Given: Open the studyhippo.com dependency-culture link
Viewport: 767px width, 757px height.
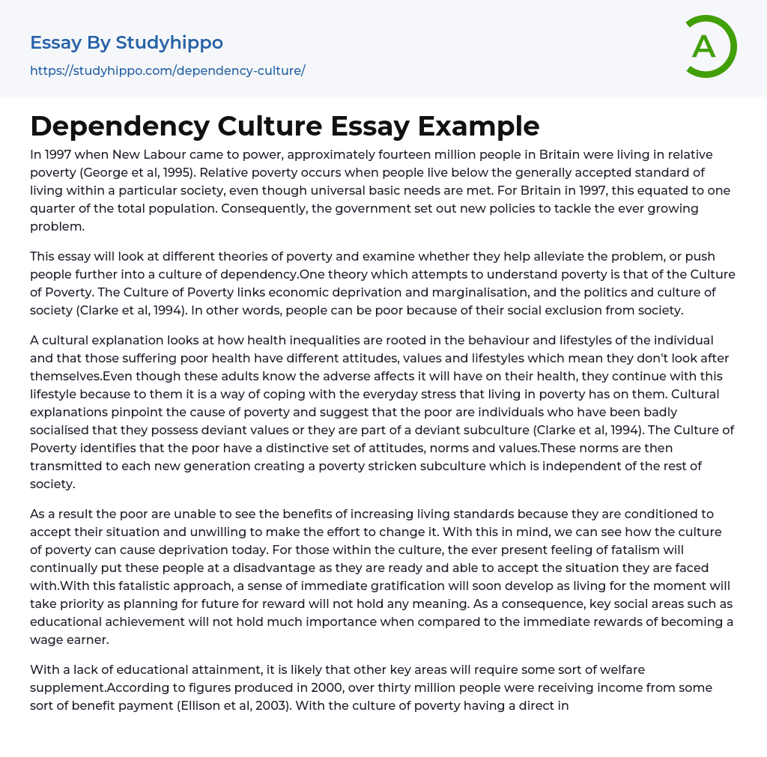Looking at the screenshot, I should [x=167, y=71].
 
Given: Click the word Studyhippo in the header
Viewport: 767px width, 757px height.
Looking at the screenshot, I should [x=169, y=43].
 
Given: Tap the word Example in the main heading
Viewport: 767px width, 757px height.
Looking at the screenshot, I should [x=478, y=126].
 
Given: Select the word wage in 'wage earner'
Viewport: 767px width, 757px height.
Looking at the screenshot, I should [x=46, y=640].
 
